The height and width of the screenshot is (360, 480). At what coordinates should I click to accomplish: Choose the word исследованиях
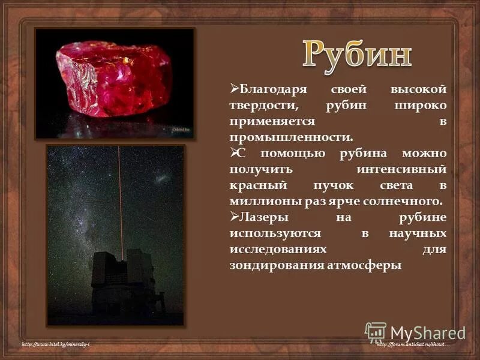click(278, 248)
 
